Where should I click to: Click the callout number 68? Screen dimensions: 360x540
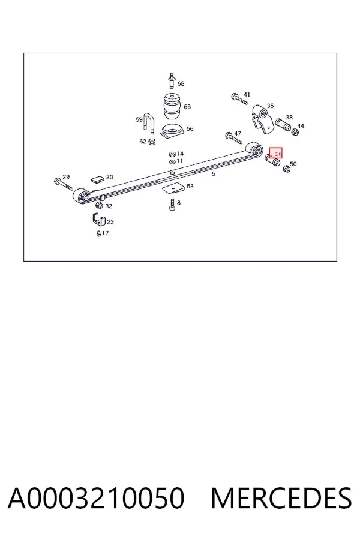[181, 83]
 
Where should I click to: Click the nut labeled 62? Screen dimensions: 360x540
[152, 141]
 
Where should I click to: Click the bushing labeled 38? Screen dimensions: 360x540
[283, 125]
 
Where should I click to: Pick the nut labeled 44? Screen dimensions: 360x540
[295, 132]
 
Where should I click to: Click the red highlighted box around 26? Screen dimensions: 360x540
[275, 153]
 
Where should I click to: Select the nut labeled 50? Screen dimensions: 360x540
[286, 169]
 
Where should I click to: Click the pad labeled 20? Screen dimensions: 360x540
[97, 179]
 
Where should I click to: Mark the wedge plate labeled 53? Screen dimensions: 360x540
[174, 189]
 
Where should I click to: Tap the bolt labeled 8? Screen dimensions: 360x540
[172, 205]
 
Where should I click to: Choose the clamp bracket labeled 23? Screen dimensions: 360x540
[98, 220]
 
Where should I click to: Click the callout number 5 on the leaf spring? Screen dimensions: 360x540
[214, 173]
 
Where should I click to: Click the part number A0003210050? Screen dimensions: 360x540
[96, 498]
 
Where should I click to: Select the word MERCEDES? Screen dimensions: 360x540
[281, 498]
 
